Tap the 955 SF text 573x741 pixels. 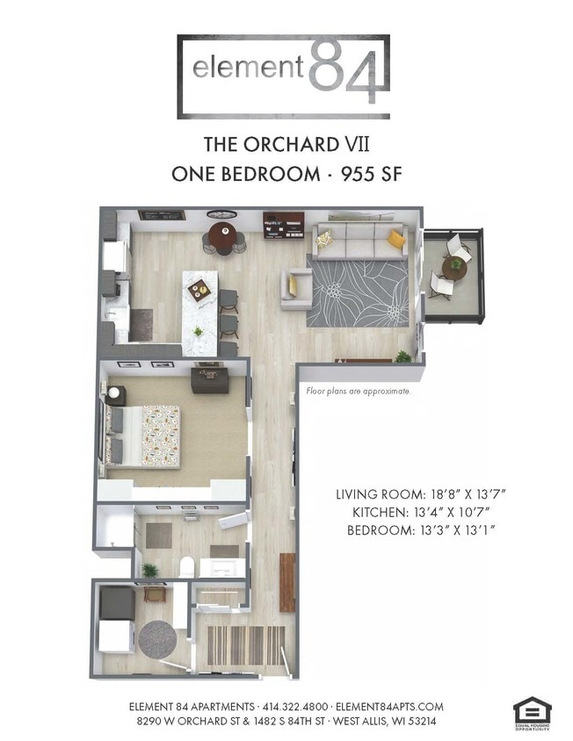(366, 173)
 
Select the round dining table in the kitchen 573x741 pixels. (222, 235)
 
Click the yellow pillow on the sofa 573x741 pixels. (396, 237)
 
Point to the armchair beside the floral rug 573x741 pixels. (293, 288)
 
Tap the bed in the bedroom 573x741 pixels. (146, 434)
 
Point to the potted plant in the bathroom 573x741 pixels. (150, 571)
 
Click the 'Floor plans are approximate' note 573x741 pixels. (358, 392)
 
